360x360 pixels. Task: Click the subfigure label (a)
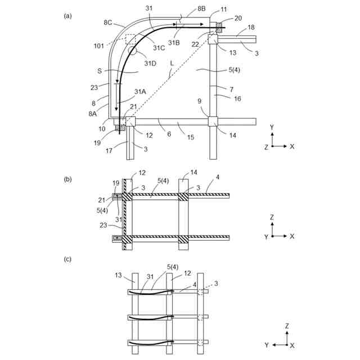coord(68,16)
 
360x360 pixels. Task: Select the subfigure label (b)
coord(68,179)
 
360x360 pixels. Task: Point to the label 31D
coord(150,63)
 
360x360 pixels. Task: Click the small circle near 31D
coord(133,50)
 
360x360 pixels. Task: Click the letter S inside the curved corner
coord(100,71)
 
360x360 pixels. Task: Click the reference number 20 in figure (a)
coord(238,18)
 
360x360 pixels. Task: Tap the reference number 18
coord(251,27)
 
